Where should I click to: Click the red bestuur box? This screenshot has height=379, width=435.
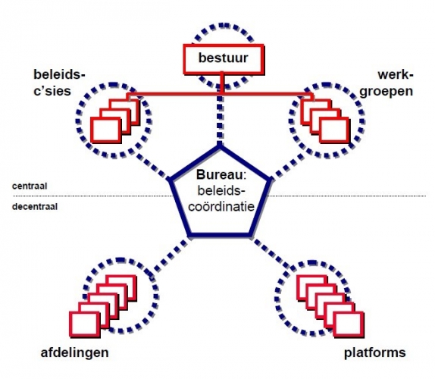point(223,59)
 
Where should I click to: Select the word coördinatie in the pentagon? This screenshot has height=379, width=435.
point(221,206)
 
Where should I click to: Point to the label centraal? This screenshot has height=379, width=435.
point(30,186)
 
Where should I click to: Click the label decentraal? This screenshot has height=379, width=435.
point(35,207)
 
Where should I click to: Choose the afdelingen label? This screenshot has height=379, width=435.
point(74,353)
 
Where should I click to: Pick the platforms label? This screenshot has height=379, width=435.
point(375,352)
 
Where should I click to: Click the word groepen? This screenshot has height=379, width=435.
point(386,92)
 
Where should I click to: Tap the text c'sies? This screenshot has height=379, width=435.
point(52,91)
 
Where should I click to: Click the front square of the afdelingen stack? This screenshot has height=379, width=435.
point(85,324)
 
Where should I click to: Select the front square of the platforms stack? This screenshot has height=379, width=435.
point(349,324)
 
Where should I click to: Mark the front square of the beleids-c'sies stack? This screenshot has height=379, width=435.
point(106,130)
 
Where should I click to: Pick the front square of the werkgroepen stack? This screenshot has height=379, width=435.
point(334,130)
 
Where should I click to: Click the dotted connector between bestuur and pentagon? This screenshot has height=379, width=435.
point(220,119)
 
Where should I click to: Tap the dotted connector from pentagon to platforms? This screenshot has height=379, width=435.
point(271,254)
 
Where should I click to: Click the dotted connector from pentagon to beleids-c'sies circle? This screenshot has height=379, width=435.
point(152,166)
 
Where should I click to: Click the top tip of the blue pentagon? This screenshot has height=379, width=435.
point(220,146)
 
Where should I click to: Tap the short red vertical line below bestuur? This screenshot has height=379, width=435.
point(221,83)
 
